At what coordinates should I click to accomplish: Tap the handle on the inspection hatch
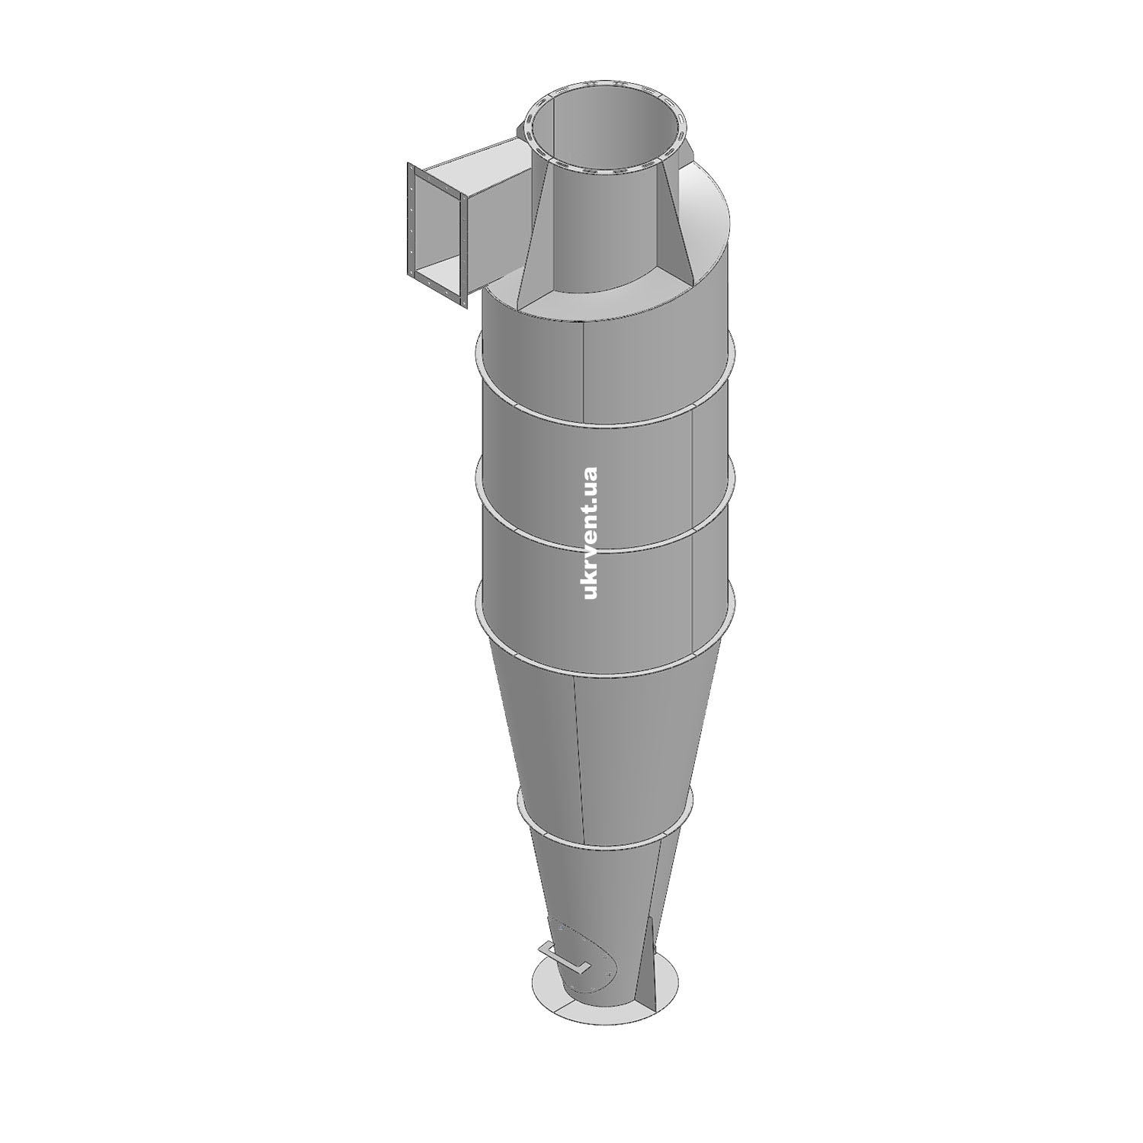pyautogui.click(x=564, y=958)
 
